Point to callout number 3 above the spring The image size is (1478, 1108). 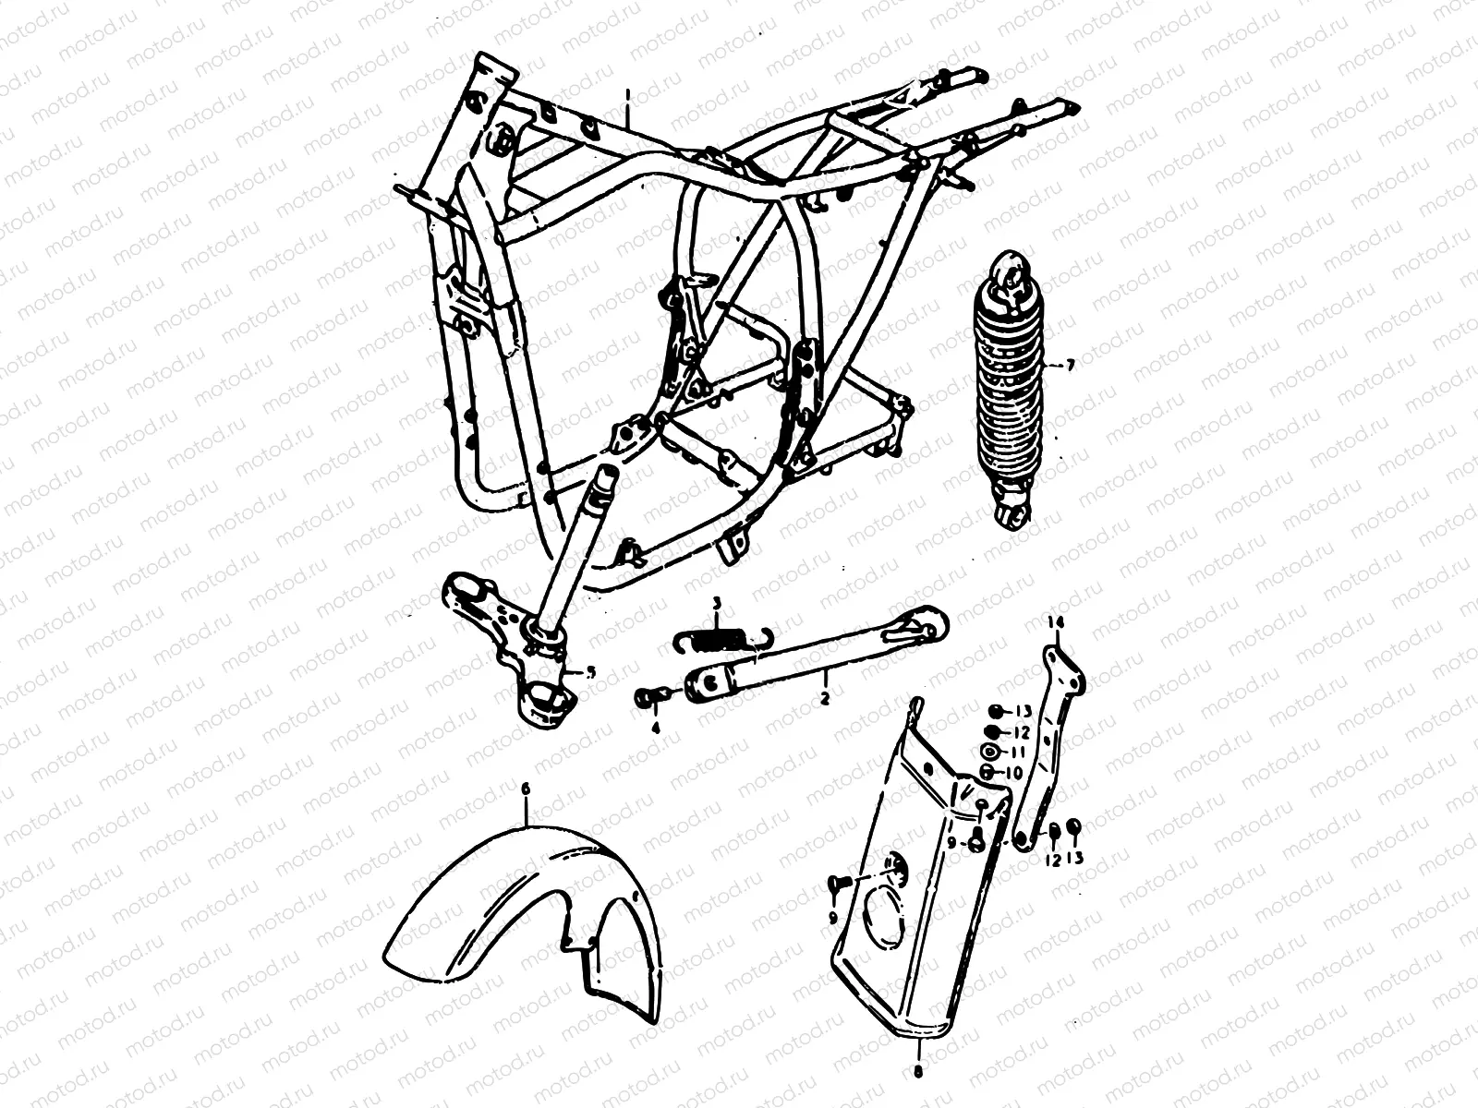[x=716, y=605]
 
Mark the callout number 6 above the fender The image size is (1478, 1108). [x=527, y=789]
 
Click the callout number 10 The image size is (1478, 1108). [x=1013, y=772]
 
